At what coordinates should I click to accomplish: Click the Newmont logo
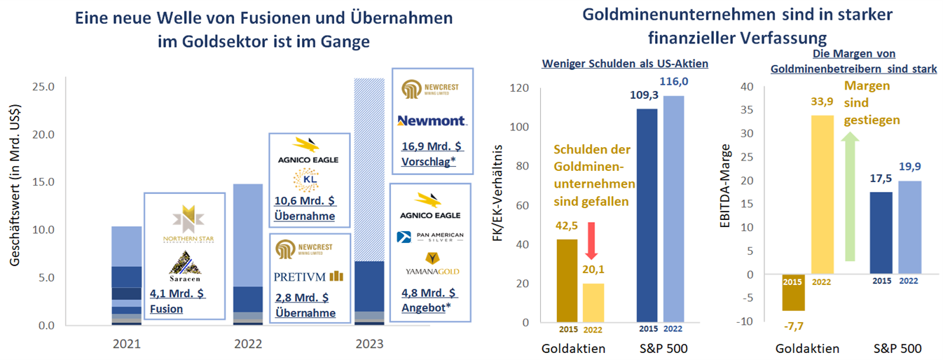click(432, 120)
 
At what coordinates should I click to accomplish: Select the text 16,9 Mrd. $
click(432, 147)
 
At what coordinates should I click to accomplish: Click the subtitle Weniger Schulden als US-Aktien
click(625, 63)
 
